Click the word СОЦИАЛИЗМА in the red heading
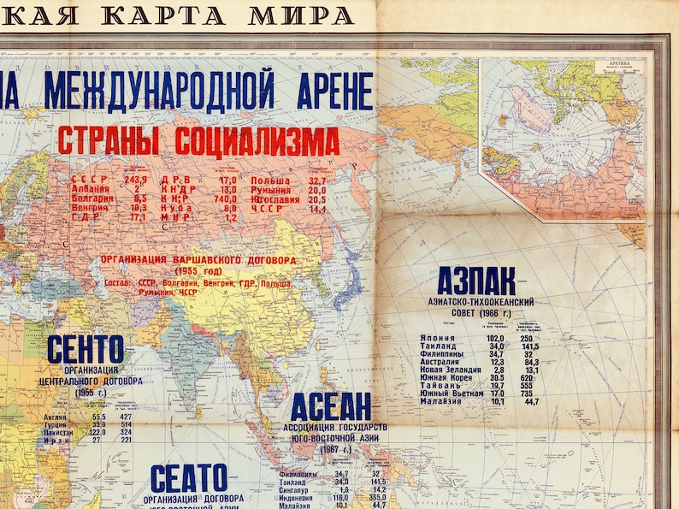click(x=257, y=141)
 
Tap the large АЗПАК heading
click(x=475, y=281)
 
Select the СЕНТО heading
click(x=86, y=349)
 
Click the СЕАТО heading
click(x=189, y=477)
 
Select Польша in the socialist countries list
click(x=270, y=181)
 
